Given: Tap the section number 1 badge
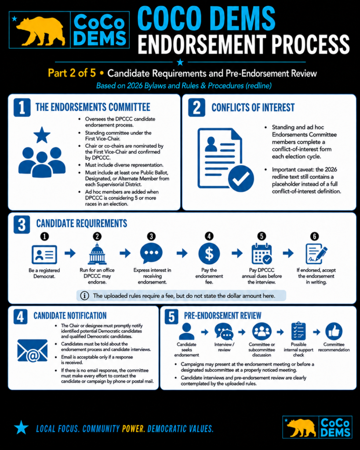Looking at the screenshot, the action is (22, 107).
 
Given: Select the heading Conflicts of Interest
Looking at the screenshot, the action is (253, 108).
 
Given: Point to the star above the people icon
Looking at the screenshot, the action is (42, 135).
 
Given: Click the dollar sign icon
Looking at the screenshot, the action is (209, 254).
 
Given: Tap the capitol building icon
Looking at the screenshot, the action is (97, 254).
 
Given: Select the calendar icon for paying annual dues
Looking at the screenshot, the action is (262, 254).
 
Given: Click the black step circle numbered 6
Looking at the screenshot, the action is (314, 236).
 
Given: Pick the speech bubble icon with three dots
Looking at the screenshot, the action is (151, 253).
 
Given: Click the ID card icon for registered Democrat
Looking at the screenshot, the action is (44, 254).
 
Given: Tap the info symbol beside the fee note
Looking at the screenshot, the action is (84, 296).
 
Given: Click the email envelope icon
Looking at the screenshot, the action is (33, 351).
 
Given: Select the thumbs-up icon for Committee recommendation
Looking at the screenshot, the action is (334, 331).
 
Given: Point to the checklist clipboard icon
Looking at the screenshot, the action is (298, 331).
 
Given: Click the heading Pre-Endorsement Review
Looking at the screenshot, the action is (222, 316).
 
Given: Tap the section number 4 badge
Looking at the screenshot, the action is (20, 316).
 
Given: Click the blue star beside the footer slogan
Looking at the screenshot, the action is (21, 427).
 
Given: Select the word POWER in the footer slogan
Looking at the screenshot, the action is (133, 429).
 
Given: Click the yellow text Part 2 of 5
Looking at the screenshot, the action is (72, 73).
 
